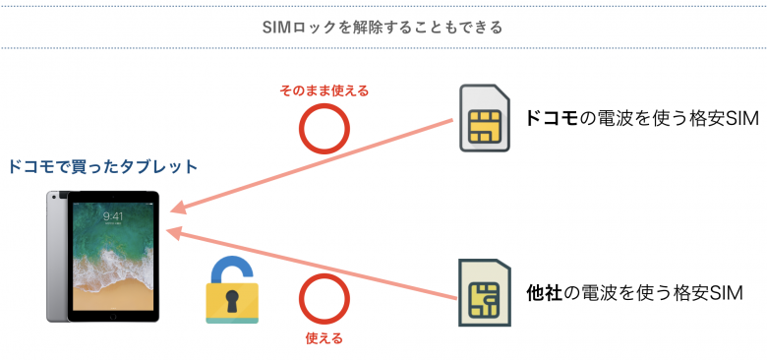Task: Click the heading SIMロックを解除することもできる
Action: (x=383, y=27)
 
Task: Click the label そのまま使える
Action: (x=324, y=90)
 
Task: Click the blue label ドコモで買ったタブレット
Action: (x=102, y=167)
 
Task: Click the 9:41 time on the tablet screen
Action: (x=113, y=216)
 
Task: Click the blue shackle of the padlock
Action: (x=232, y=269)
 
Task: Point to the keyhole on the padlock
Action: (x=232, y=302)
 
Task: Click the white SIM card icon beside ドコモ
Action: (x=484, y=118)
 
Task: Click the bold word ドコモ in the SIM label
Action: (x=552, y=119)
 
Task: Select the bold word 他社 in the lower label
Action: (x=544, y=292)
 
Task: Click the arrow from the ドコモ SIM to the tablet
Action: (x=315, y=165)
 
